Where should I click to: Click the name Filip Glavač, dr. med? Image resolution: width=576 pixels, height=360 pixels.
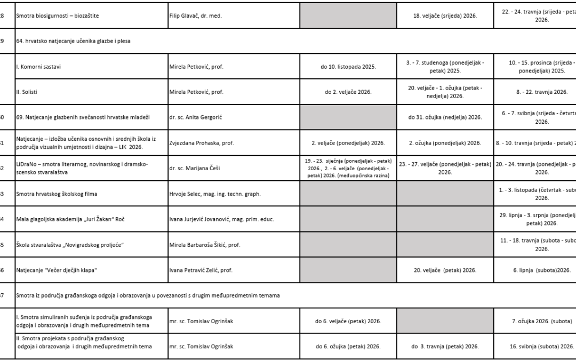point(195,16)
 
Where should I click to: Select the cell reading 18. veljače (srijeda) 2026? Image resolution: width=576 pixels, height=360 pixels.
point(445,16)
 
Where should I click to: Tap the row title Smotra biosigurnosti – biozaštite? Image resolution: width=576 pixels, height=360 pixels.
point(58,16)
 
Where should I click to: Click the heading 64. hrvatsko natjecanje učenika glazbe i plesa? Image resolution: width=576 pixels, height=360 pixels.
point(74,41)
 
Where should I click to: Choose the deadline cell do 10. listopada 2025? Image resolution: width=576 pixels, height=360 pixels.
point(348,67)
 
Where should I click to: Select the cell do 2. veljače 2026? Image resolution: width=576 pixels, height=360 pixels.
point(348,92)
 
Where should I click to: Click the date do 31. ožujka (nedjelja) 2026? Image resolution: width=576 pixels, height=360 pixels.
point(445,117)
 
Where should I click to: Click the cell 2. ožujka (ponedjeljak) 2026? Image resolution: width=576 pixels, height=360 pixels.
point(445,143)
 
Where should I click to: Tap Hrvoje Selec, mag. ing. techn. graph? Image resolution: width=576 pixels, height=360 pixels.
point(215,194)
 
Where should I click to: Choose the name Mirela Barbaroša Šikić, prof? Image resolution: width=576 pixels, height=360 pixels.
point(205,245)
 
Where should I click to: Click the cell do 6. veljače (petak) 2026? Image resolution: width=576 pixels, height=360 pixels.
point(348,321)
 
